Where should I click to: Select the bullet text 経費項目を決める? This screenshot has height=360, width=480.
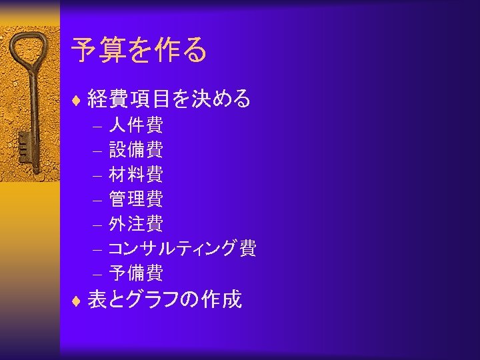tap(169, 99)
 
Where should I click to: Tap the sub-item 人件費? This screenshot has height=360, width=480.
tap(135, 125)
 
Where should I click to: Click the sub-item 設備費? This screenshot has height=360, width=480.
tap(135, 149)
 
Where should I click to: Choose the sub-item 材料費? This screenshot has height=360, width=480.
tap(135, 174)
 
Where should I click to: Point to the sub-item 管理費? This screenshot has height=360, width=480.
tap(135, 199)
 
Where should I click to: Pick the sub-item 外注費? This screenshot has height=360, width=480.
tap(135, 223)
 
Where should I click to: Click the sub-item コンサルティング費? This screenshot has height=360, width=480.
tap(182, 249)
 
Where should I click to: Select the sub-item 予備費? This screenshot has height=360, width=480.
tap(135, 273)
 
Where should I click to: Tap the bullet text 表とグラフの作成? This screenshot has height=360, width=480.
tap(164, 300)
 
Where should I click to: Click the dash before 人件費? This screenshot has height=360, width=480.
tap(97, 126)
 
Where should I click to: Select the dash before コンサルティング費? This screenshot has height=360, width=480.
tap(97, 250)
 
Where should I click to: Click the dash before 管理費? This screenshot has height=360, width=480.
tap(97, 200)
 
